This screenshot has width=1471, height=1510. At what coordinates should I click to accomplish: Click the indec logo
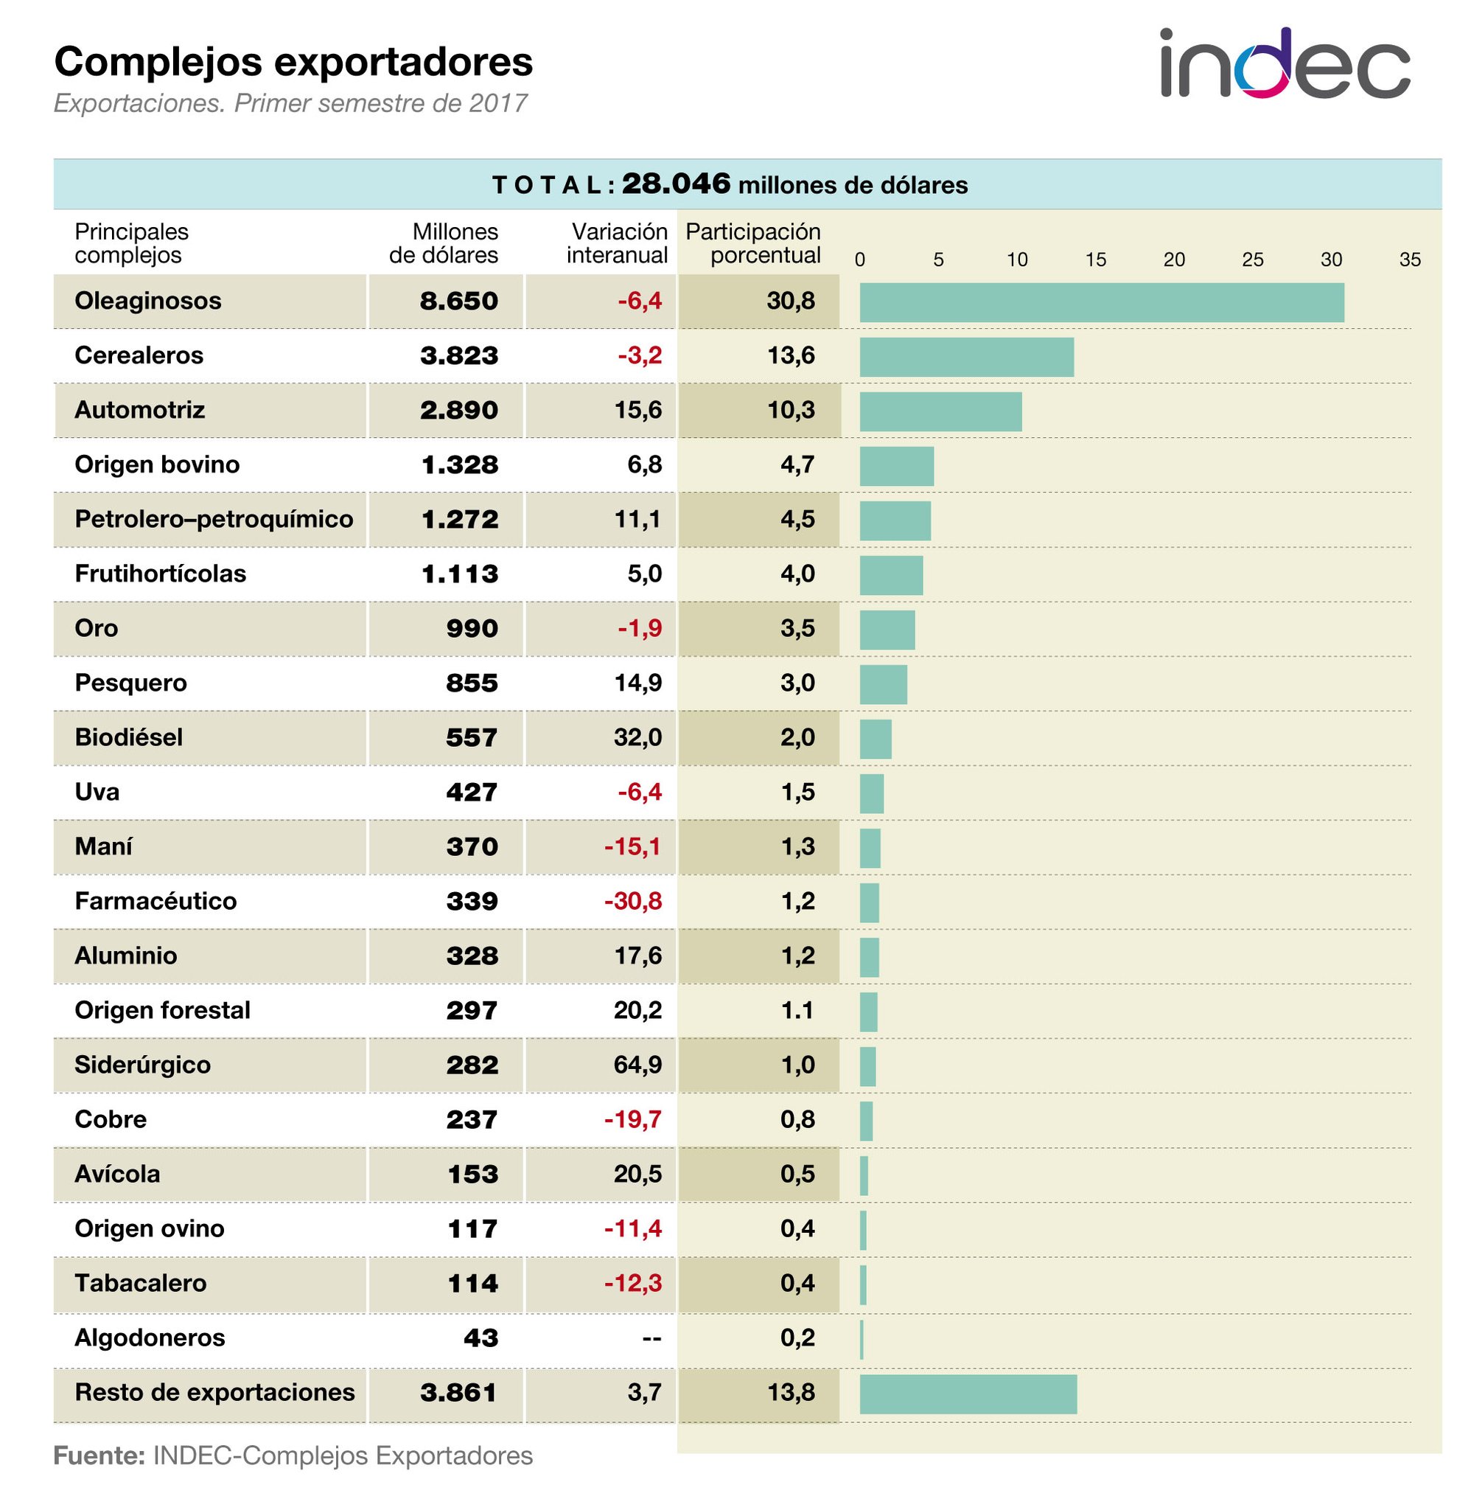pyautogui.click(x=1284, y=64)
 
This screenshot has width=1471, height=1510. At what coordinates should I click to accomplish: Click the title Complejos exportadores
pyautogui.click(x=293, y=62)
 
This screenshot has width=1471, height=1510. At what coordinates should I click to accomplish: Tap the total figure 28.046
pyautogui.click(x=675, y=184)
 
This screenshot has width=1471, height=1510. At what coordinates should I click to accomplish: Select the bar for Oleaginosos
pyautogui.click(x=1101, y=302)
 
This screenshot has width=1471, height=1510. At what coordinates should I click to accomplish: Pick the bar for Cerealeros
pyautogui.click(x=965, y=357)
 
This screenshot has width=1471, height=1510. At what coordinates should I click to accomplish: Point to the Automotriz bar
pyautogui.click(x=940, y=411)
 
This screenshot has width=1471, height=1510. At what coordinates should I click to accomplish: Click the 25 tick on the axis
pyautogui.click(x=1252, y=260)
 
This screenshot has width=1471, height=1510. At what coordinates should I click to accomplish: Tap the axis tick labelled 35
pyautogui.click(x=1409, y=260)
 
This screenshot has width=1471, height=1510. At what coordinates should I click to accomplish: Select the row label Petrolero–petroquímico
pyautogui.click(x=213, y=519)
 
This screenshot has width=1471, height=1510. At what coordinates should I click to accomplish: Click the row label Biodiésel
pyautogui.click(x=128, y=737)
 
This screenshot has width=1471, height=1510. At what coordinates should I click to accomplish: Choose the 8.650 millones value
pyautogui.click(x=459, y=302)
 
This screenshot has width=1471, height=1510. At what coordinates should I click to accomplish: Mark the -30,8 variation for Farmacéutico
pyautogui.click(x=633, y=901)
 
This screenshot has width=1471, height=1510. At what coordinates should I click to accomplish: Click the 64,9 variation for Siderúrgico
pyautogui.click(x=637, y=1065)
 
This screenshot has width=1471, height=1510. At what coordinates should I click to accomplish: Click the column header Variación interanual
pyautogui.click(x=618, y=243)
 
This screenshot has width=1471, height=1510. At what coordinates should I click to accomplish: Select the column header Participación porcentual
pyautogui.click(x=753, y=243)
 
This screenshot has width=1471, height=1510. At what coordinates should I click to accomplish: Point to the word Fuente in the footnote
pyautogui.click(x=99, y=1456)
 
